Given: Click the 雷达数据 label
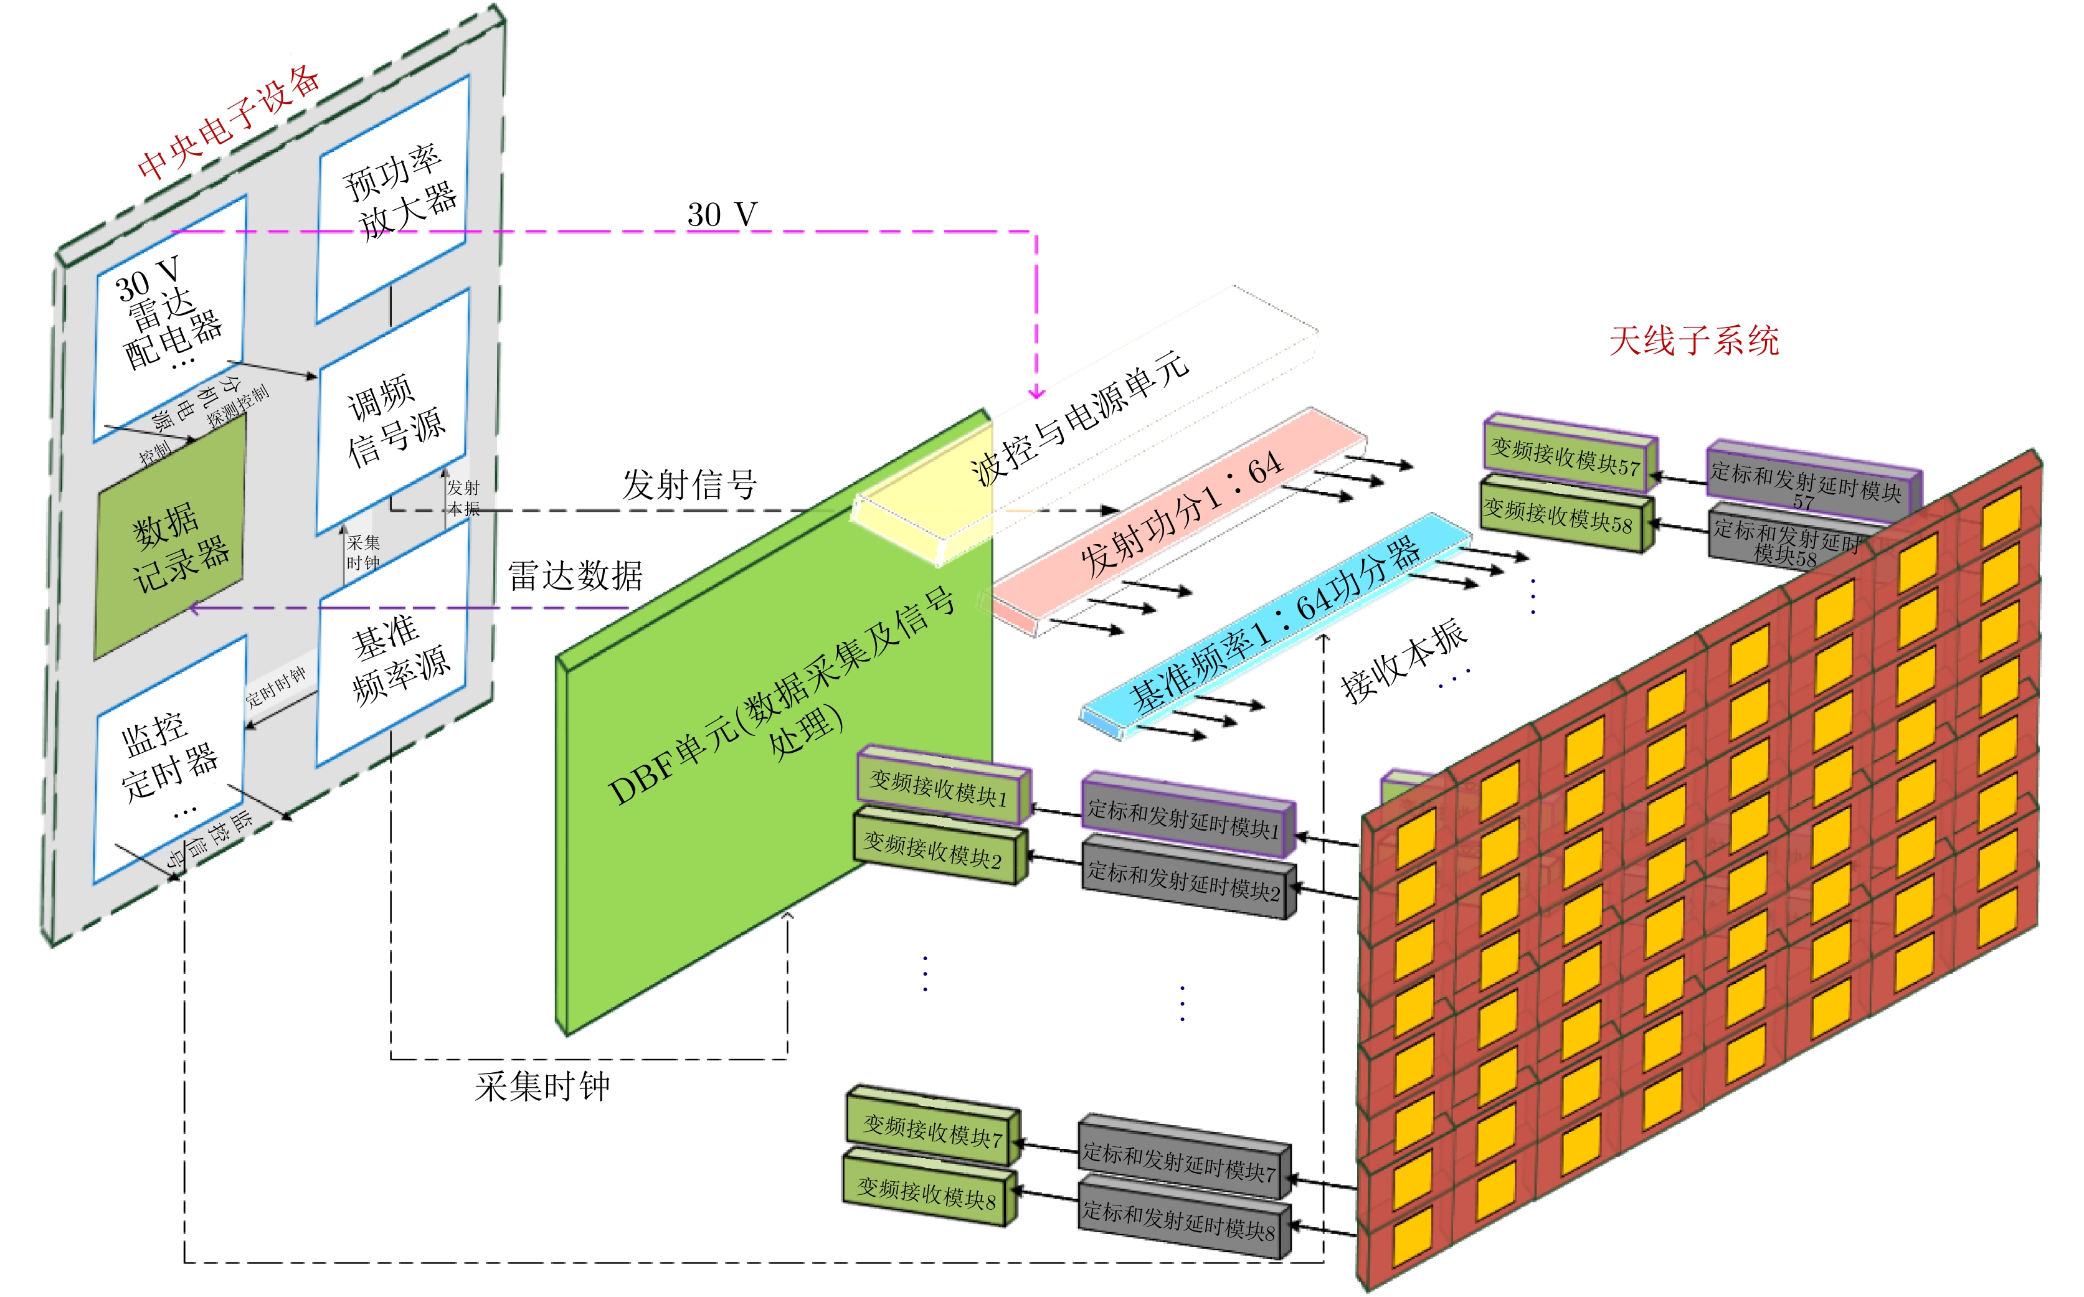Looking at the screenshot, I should (x=575, y=575).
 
